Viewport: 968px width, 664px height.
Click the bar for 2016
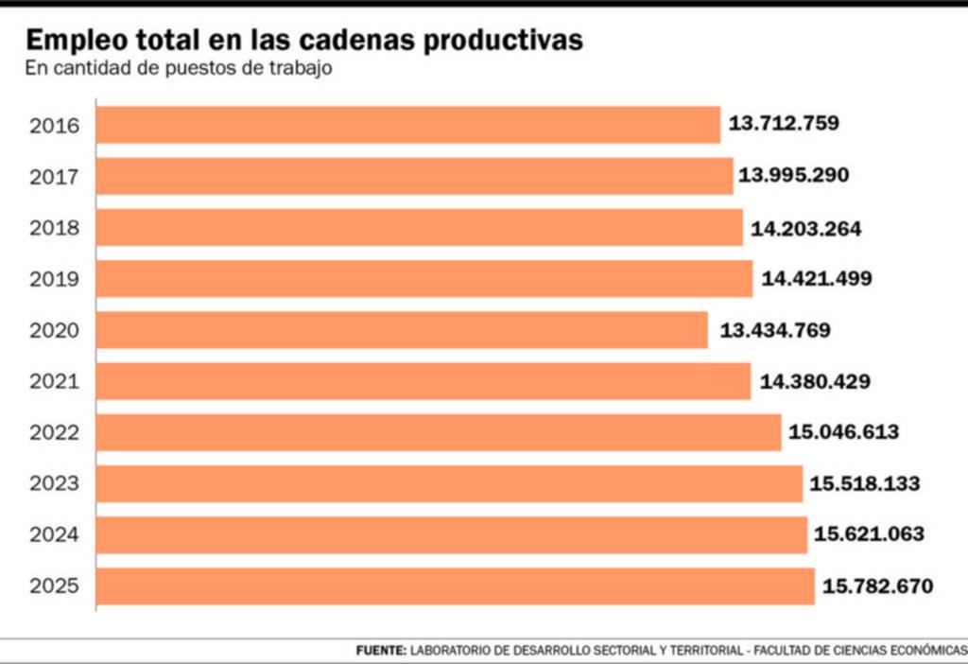[x=408, y=125]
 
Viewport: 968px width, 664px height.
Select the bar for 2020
[x=402, y=330]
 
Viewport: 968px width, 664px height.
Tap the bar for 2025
[x=455, y=586]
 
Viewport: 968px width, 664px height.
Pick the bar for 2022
[x=439, y=432]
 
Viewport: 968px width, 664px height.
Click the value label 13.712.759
[x=784, y=123]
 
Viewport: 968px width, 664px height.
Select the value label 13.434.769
[x=775, y=330]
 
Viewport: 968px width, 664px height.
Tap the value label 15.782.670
[x=877, y=586]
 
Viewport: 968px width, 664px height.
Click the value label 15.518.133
[x=864, y=484]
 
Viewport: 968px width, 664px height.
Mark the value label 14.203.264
[x=806, y=228]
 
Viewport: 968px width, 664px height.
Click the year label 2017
[x=55, y=177]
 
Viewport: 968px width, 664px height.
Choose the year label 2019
[x=55, y=279]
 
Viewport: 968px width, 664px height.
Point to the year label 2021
[x=55, y=381]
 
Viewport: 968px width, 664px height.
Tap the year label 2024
[x=55, y=535]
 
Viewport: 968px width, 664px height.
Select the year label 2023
[x=55, y=484]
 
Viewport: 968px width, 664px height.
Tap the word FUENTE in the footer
[x=381, y=651]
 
